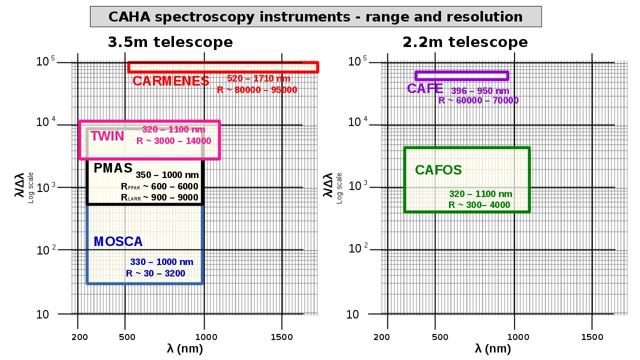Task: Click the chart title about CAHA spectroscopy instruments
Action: pyautogui.click(x=315, y=16)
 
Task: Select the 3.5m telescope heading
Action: pyautogui.click(x=170, y=42)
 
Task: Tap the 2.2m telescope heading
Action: pyautogui.click(x=465, y=42)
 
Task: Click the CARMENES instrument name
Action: pyautogui.click(x=171, y=81)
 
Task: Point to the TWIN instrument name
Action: pyautogui.click(x=107, y=136)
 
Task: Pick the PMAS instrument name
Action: pyautogui.click(x=113, y=168)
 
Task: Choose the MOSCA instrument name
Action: pyautogui.click(x=118, y=241)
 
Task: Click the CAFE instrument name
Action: pyautogui.click(x=424, y=89)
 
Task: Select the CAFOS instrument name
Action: pyautogui.click(x=438, y=170)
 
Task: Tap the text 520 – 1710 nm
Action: pyautogui.click(x=258, y=78)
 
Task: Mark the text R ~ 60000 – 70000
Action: pyautogui.click(x=478, y=100)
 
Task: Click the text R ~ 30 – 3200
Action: pyautogui.click(x=155, y=273)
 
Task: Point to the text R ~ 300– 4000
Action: pyautogui.click(x=479, y=205)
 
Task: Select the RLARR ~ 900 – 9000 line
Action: pyautogui.click(x=159, y=197)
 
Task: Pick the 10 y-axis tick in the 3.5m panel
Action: pyautogui.click(x=43, y=315)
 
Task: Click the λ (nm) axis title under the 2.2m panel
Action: pyautogui.click(x=492, y=349)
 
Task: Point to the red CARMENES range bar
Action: pyautogui.click(x=223, y=67)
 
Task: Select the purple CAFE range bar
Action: pyautogui.click(x=462, y=75)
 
